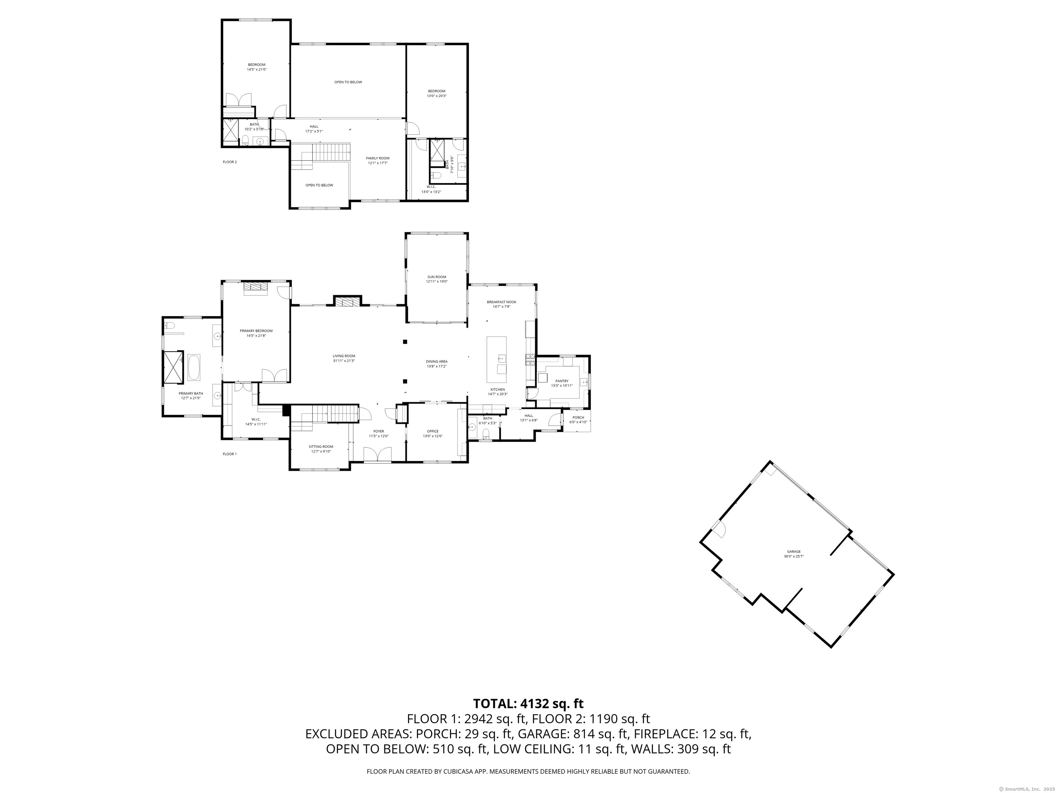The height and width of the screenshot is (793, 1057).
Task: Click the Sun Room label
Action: [x=437, y=277]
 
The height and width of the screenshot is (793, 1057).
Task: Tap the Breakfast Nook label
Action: [x=501, y=302]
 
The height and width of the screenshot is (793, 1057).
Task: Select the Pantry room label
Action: [x=562, y=381]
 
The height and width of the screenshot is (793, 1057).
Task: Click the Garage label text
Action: [x=794, y=552]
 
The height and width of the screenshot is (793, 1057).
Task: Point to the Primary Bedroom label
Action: [x=256, y=331]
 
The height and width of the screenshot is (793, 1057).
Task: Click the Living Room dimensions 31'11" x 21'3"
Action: [x=344, y=361]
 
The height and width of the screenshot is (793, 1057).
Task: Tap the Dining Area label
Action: [x=437, y=361]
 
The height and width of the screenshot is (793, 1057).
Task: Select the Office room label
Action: [x=433, y=431]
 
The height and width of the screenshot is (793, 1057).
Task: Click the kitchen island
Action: [x=497, y=359]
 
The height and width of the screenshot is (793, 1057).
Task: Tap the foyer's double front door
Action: [x=377, y=455]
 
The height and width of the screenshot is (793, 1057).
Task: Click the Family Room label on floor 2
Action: [x=377, y=158]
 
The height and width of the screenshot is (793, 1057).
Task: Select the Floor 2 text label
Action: [x=229, y=162]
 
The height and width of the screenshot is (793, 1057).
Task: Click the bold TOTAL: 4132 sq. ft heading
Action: [x=528, y=704]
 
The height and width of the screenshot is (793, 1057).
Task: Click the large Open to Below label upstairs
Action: [x=348, y=82]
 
